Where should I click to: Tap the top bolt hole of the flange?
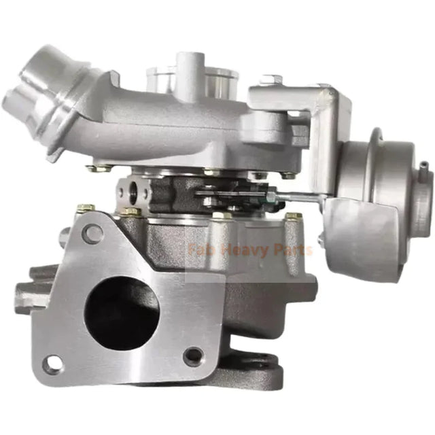(x=92, y=234)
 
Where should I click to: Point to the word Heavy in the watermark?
(x=240, y=249)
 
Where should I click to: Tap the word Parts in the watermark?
(x=290, y=249)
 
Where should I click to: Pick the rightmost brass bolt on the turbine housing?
(x=294, y=217)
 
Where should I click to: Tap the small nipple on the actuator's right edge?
(x=423, y=166)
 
